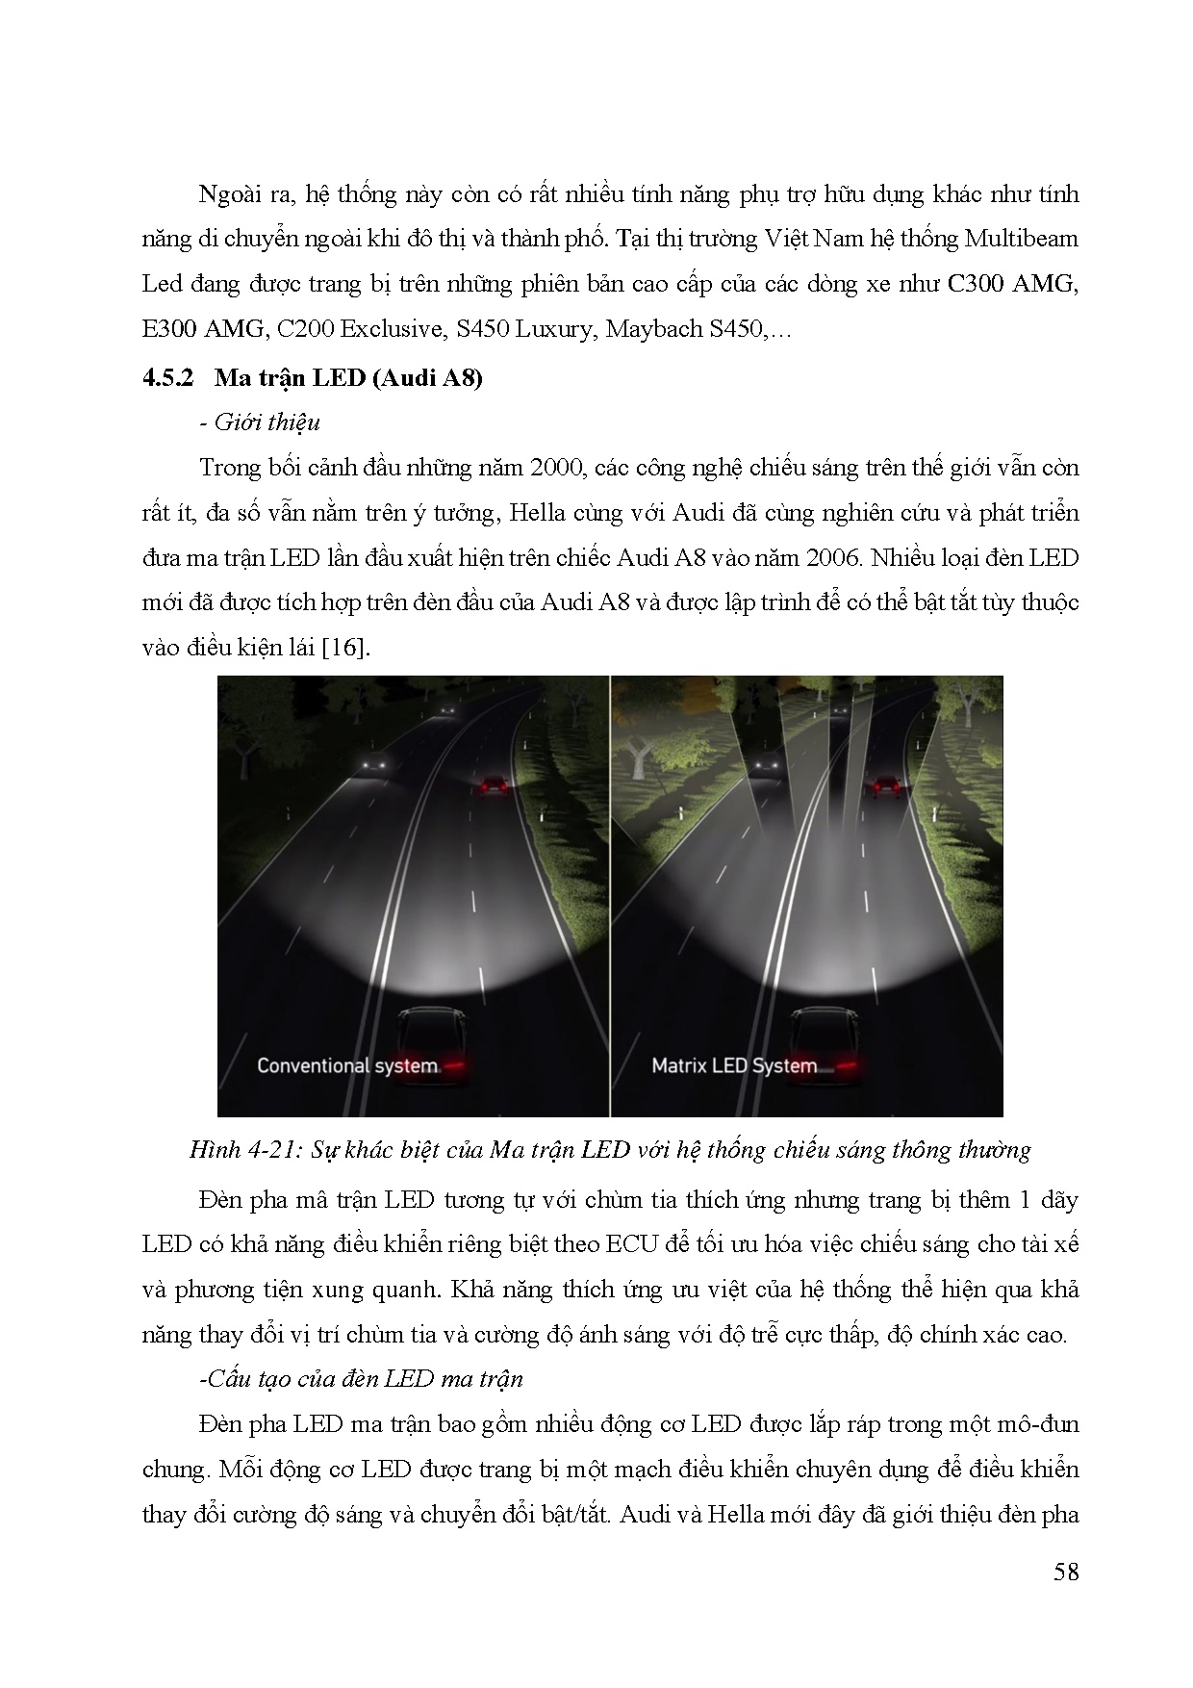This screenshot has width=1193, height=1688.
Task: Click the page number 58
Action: click(1065, 1572)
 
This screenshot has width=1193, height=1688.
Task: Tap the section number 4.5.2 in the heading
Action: click(168, 377)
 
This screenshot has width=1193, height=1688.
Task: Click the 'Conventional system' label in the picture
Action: click(347, 1065)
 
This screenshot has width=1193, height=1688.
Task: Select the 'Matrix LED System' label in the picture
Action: click(734, 1065)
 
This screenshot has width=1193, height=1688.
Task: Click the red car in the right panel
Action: click(886, 787)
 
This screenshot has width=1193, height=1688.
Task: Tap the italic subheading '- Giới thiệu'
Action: click(267, 422)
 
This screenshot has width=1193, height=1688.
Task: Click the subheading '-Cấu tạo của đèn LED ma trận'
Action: click(360, 1378)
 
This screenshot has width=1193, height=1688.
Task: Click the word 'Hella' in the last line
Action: click(735, 1514)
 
